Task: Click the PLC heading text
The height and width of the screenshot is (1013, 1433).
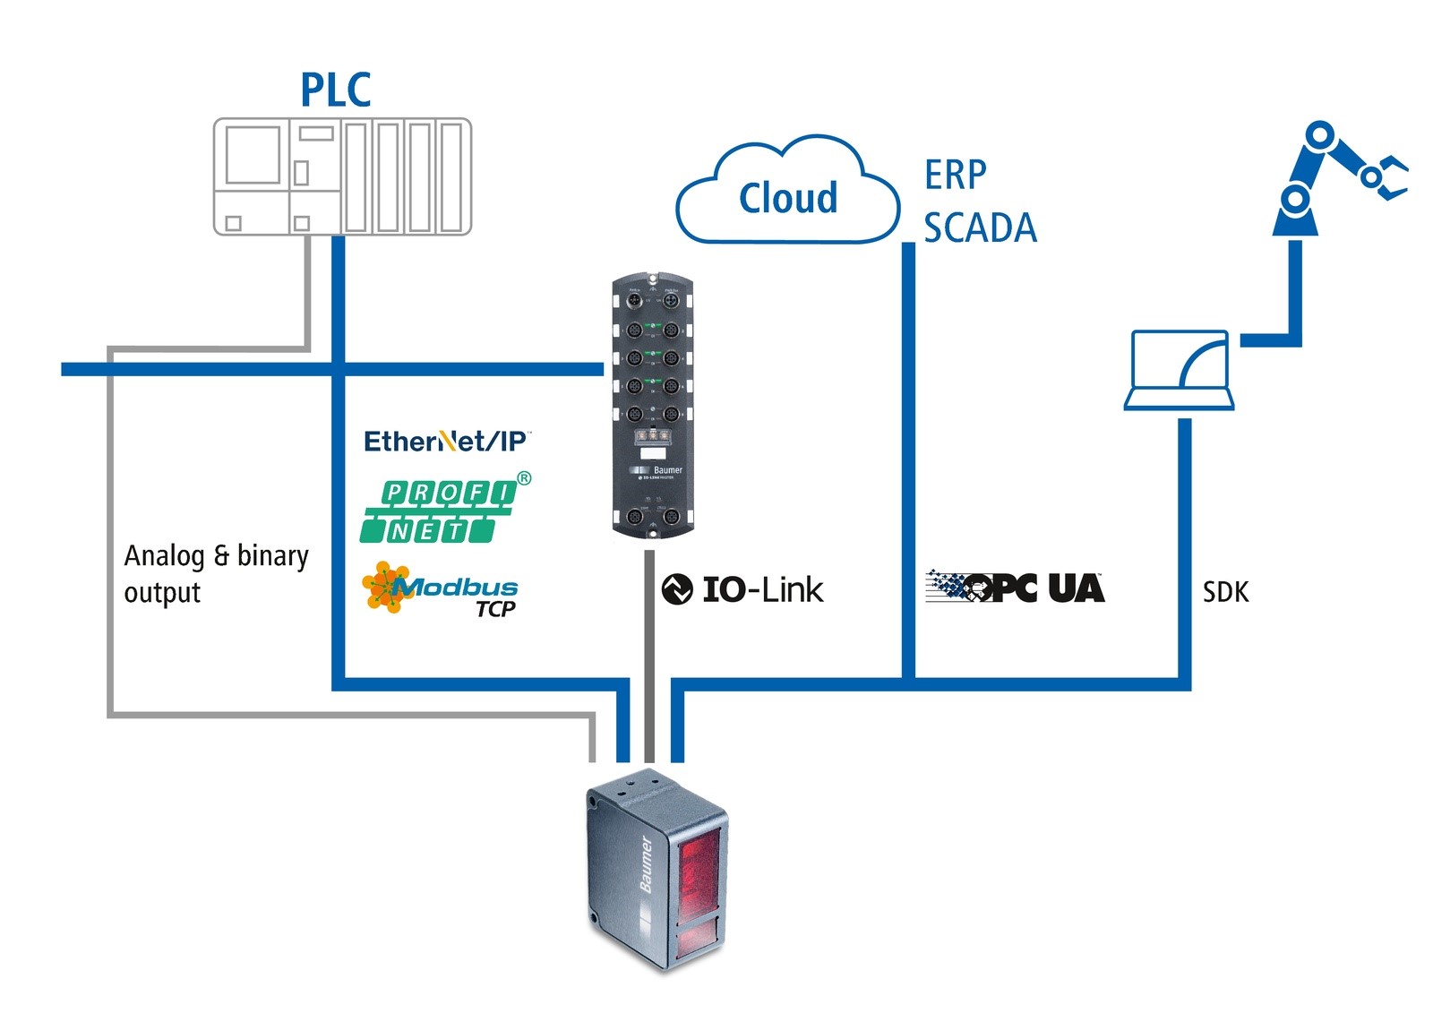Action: coord(336,90)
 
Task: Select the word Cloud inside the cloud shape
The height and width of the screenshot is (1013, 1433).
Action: coord(788,198)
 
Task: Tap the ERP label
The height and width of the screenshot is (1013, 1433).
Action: coord(956,175)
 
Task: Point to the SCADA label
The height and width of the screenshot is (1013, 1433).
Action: coord(980,227)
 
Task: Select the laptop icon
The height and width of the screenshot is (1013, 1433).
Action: coord(1180,370)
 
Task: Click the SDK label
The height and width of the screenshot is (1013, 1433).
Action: coord(1225,592)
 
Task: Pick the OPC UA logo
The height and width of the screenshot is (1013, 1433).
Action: coord(1015,587)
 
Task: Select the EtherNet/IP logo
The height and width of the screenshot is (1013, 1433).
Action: coord(445,441)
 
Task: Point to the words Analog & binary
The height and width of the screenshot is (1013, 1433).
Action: coord(216,556)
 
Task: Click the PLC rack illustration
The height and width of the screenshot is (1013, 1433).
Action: coord(342,176)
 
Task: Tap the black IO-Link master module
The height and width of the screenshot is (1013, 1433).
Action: coord(652,408)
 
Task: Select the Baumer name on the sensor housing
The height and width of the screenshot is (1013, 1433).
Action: coord(646,864)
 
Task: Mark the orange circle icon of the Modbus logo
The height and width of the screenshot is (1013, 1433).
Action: coord(385,587)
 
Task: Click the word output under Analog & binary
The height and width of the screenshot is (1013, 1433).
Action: coord(162,593)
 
